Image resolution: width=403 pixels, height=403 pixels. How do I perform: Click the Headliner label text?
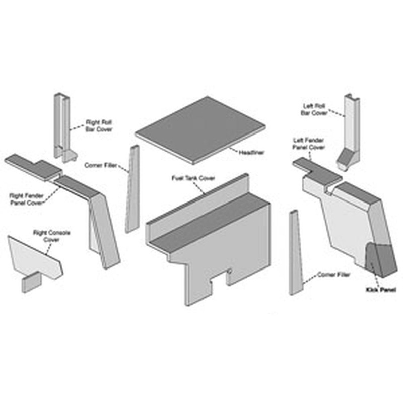251,153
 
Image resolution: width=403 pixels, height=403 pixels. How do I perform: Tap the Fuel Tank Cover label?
193,178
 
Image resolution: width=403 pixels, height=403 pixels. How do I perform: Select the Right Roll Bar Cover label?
99,125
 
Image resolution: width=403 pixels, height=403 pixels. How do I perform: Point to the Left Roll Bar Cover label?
314,109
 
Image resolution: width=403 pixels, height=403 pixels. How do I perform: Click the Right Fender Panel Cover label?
26,199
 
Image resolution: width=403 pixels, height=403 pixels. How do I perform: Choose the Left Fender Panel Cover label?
309,144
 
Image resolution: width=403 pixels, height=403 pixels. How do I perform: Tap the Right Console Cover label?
51,236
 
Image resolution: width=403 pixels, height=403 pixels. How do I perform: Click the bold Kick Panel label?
381,290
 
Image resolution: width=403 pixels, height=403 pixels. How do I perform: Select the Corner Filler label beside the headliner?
101,165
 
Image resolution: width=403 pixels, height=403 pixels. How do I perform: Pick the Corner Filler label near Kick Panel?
333,275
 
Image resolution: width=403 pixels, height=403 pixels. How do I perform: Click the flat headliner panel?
200,130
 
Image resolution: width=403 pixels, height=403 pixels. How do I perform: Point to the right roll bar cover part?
63,128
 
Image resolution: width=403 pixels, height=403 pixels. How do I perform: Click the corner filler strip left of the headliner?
132,189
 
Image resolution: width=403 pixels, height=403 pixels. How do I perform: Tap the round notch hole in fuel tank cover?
230,271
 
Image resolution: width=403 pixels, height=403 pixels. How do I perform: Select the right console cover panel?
35,256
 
